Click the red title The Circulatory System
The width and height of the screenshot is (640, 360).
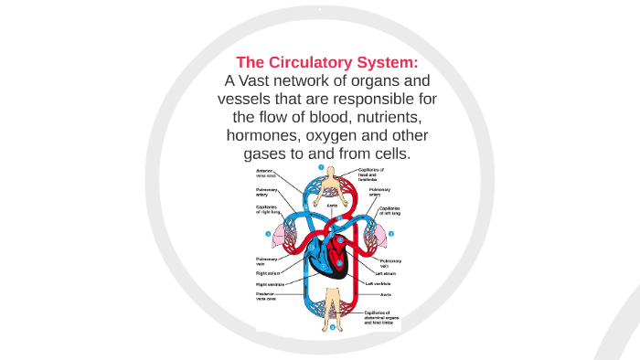(326, 62)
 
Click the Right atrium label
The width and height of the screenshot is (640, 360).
(267, 272)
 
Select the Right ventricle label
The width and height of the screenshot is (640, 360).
(271, 284)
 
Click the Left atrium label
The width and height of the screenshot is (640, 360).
(384, 272)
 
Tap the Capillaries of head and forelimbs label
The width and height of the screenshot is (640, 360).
(370, 174)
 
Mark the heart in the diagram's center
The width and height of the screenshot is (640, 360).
(325, 255)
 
